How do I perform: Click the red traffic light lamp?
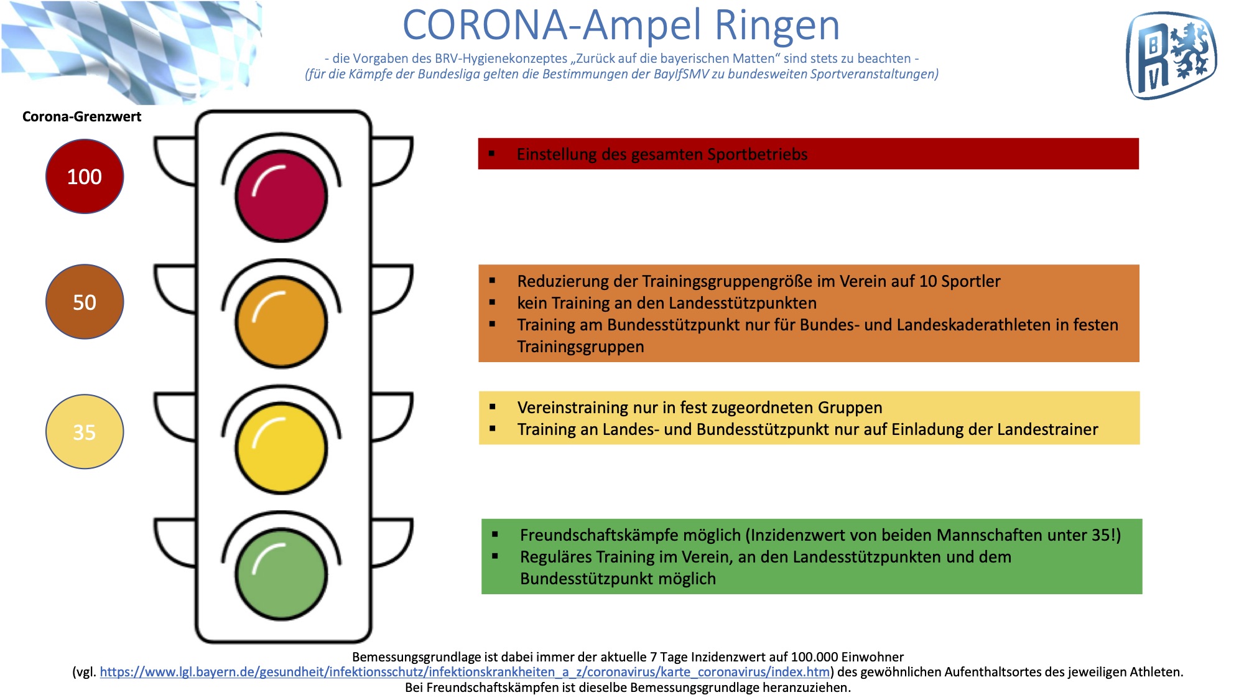click(x=281, y=196)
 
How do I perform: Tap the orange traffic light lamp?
click(x=281, y=322)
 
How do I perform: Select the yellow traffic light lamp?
click(x=281, y=448)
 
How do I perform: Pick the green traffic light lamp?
click(x=281, y=574)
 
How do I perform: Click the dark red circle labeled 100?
click(x=85, y=176)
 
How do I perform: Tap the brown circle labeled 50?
click(x=85, y=302)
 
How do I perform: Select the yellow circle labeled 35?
click(x=85, y=431)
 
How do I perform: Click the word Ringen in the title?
click(x=777, y=26)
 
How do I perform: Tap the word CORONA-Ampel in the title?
click(x=554, y=26)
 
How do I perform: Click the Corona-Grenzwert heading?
click(x=81, y=116)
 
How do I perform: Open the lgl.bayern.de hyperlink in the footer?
click(x=465, y=672)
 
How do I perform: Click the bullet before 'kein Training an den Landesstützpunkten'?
click(x=493, y=302)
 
